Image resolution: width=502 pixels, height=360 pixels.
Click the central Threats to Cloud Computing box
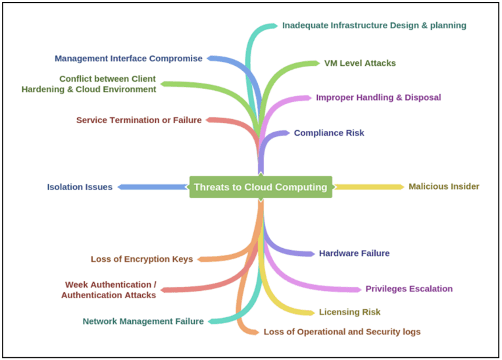[261, 187]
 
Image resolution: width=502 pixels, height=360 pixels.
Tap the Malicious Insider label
[443, 186]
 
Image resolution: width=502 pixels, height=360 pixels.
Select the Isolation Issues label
[80, 187]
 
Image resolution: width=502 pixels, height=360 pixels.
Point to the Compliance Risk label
[329, 133]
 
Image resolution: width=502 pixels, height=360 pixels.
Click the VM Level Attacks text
[360, 63]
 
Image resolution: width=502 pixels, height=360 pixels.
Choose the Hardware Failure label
[354, 253]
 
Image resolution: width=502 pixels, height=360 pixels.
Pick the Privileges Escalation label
[409, 288]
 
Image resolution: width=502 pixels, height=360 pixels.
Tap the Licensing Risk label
[349, 312]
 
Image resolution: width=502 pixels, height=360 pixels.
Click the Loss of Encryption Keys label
[142, 259]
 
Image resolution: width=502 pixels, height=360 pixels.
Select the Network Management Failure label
[143, 321]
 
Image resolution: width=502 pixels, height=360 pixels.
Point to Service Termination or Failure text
[139, 120]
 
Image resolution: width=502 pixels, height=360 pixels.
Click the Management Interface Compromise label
[128, 59]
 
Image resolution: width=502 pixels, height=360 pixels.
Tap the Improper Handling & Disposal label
[378, 97]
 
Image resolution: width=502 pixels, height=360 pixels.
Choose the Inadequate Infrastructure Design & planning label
[374, 26]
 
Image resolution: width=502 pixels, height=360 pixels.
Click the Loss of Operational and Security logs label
[341, 332]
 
